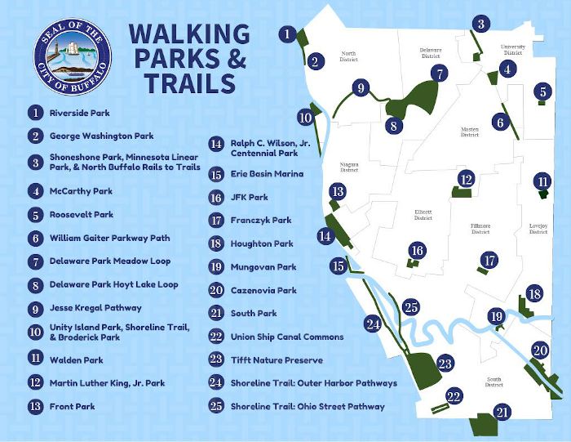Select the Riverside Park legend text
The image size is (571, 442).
79,113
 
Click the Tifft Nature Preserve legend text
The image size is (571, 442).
277,359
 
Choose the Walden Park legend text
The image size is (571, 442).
77,357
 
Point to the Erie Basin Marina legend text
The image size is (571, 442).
267,174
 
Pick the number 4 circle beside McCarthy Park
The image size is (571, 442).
35,191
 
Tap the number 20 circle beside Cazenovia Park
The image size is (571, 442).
216,290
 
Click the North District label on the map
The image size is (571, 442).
349,56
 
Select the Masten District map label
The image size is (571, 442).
469,131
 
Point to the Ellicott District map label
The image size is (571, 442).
423,214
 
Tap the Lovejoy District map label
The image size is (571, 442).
538,227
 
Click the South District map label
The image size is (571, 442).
494,381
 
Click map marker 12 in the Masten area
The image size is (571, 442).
466,179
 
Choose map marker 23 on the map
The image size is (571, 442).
445,364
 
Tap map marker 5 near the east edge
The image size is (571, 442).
542,92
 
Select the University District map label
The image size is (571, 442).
513,51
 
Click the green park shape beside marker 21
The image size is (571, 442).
483,424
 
